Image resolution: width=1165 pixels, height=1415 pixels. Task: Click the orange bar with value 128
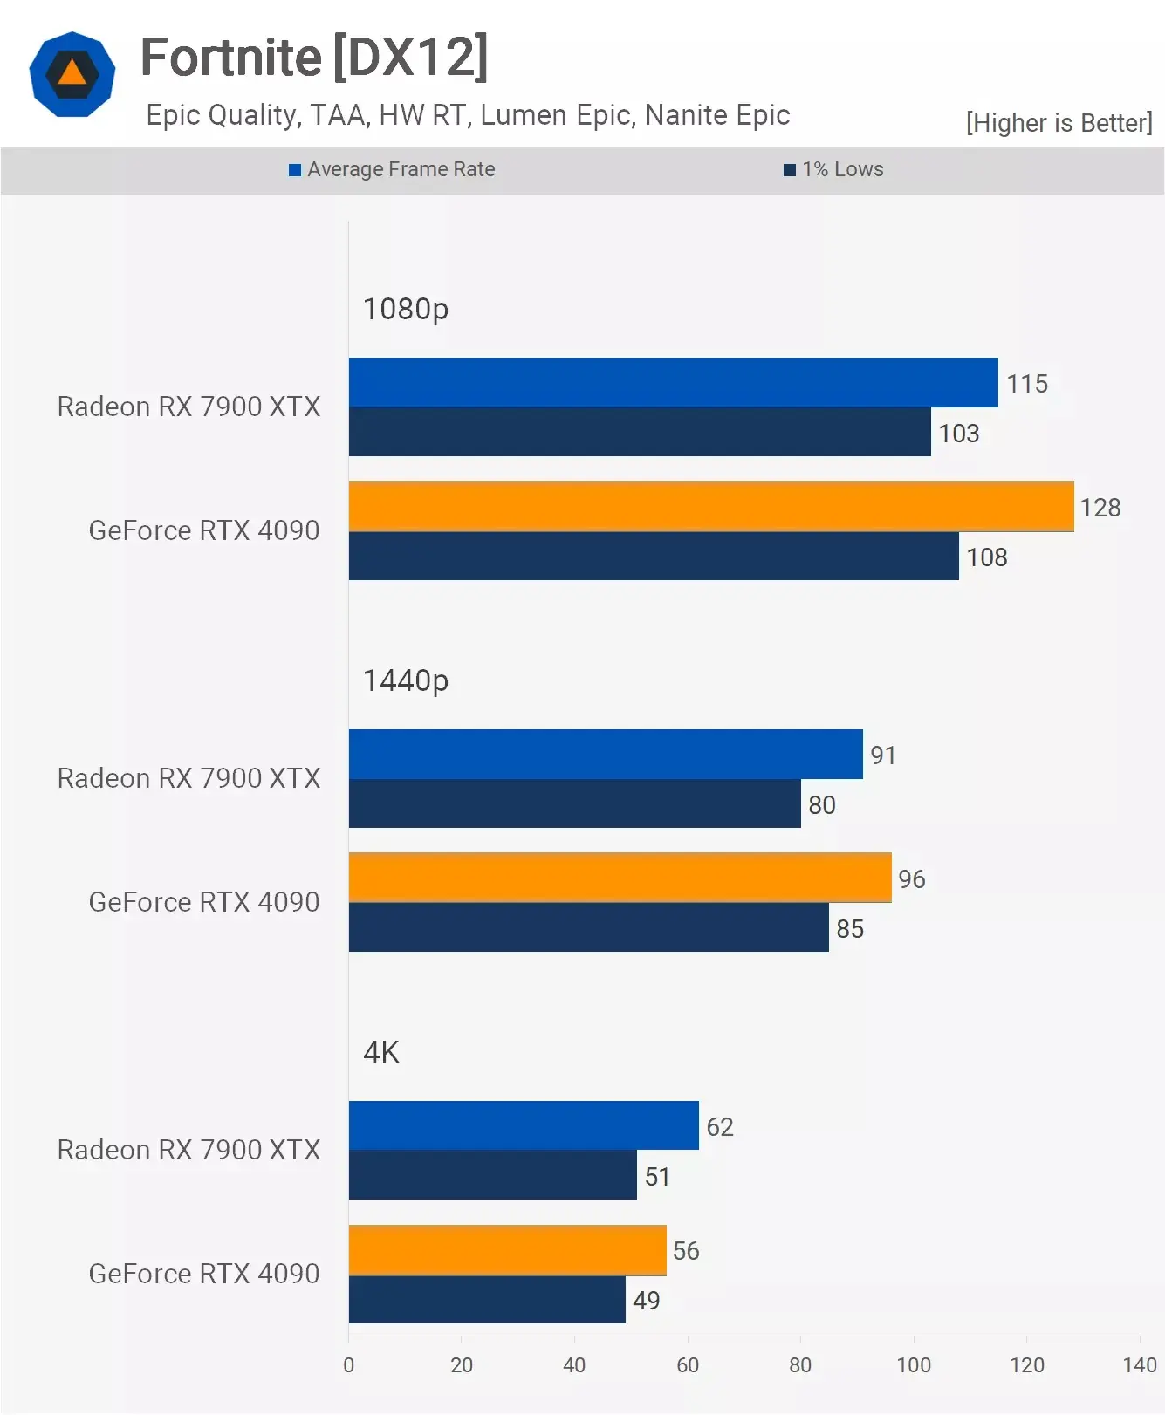711,506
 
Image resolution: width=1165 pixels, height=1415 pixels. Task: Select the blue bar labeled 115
673,382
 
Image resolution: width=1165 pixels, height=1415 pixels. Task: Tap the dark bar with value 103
640,432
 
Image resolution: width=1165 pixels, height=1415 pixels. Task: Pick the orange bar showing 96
620,878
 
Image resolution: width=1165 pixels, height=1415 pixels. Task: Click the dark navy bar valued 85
588,927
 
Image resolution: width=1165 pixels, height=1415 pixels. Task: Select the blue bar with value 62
524,1125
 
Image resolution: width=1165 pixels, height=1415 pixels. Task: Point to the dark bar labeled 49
487,1300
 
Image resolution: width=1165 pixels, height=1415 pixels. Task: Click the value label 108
986,557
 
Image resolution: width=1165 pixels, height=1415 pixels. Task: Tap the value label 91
883,755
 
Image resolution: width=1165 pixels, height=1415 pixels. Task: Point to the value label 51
657,1177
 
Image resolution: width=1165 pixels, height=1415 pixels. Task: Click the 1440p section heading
406,680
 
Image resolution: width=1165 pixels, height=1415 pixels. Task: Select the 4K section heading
381,1052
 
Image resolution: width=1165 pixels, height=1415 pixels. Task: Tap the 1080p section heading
406,309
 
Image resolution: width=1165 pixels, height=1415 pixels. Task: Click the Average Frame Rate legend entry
393,169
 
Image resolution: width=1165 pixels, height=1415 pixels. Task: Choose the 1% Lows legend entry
834,169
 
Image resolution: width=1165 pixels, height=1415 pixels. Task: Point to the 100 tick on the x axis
914,1365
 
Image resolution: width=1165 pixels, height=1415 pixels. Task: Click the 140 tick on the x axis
1140,1365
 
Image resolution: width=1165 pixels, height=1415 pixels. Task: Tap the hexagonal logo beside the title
72,74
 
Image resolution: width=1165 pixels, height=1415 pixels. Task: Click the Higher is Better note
1059,123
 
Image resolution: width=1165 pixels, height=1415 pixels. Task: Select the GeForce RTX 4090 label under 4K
204,1274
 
